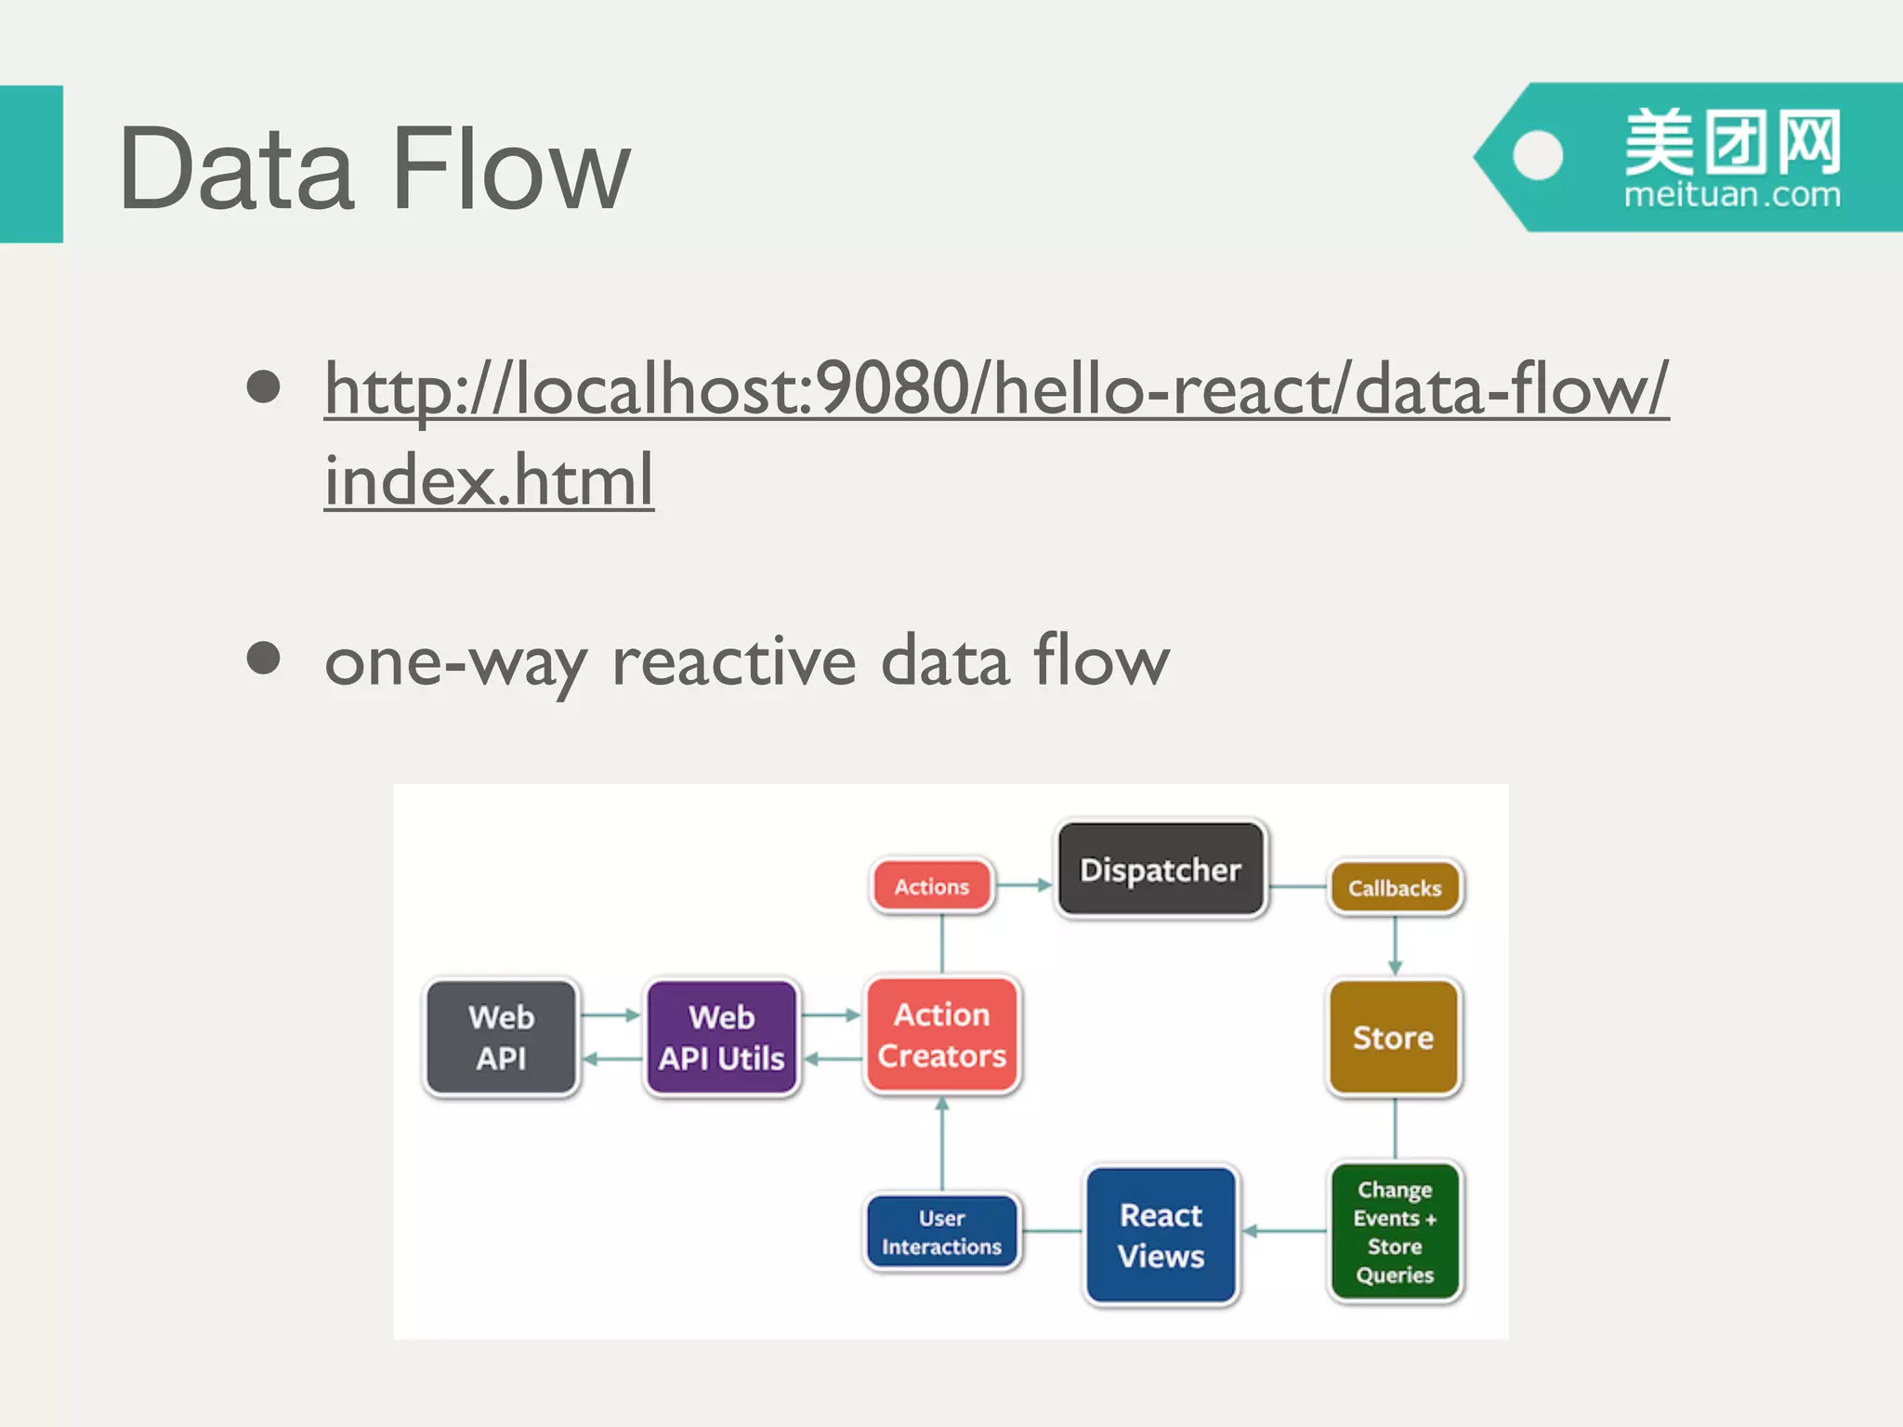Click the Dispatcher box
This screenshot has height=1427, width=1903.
pos(1161,869)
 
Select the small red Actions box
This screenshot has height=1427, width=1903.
pos(932,886)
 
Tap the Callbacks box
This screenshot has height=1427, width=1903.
pos(1395,888)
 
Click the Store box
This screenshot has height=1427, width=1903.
pos(1394,1038)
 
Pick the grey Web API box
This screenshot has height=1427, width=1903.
pos(502,1038)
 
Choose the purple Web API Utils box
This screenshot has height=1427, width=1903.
pos(722,1038)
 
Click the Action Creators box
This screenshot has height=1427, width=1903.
pos(942,1035)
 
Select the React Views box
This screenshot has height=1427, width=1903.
pos(1161,1236)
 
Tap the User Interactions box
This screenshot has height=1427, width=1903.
pos(942,1232)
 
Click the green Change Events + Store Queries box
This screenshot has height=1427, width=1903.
pos(1395,1232)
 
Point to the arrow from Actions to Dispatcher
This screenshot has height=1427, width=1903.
pos(1024,885)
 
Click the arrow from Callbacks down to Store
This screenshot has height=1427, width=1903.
pos(1395,948)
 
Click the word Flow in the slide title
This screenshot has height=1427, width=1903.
pos(510,169)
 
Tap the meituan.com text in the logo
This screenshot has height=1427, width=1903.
pos(1732,195)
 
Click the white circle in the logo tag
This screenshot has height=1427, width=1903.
pos(1538,155)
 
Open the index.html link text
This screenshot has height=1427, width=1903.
pos(489,480)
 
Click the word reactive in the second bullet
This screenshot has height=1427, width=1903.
pos(734,661)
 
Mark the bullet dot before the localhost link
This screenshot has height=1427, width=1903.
pos(264,387)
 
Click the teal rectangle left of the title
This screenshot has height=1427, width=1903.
pos(31,164)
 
